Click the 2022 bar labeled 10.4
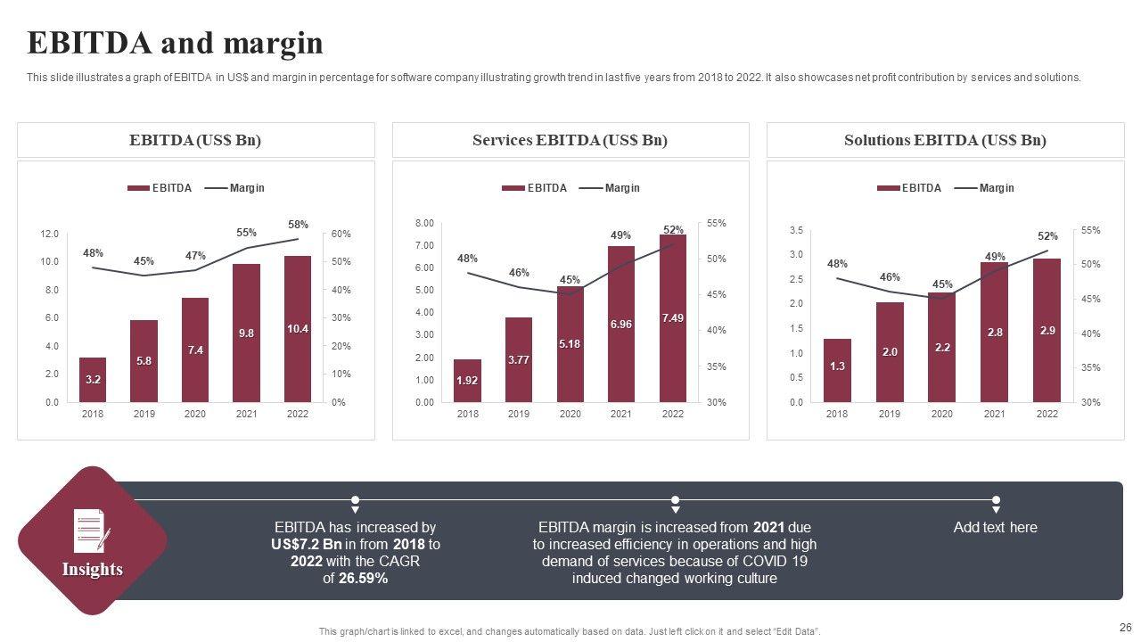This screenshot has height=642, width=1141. [x=298, y=329]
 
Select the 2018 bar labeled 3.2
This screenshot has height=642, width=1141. [x=93, y=380]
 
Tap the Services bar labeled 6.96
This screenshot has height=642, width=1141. [x=621, y=325]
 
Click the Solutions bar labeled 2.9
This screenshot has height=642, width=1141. [x=1047, y=331]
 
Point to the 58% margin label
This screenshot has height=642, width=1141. [x=298, y=225]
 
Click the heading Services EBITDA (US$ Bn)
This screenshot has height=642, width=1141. [x=570, y=140]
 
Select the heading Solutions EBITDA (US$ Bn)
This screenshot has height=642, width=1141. [x=945, y=140]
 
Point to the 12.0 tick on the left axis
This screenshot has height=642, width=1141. [x=49, y=234]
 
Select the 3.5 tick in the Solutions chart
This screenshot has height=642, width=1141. [x=796, y=231]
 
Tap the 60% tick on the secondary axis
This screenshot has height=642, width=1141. [x=341, y=234]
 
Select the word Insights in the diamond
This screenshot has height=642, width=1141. [x=93, y=570]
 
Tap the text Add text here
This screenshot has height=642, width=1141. [x=995, y=527]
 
